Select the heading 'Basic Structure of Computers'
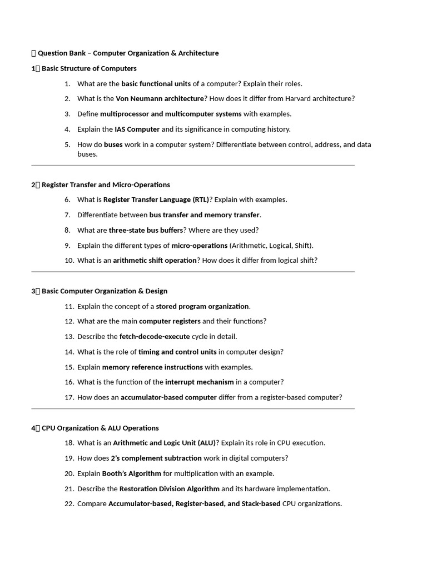89,68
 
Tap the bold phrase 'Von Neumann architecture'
160,99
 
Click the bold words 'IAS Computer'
137,129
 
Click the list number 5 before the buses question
67,144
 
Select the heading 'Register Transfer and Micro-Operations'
106,184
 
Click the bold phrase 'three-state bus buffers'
146,230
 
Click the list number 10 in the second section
69,261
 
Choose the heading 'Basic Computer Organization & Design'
104,291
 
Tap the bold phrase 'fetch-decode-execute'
155,337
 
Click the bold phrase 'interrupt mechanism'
200,382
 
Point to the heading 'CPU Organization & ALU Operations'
100,428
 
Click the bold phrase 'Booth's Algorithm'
132,474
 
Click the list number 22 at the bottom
69,504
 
